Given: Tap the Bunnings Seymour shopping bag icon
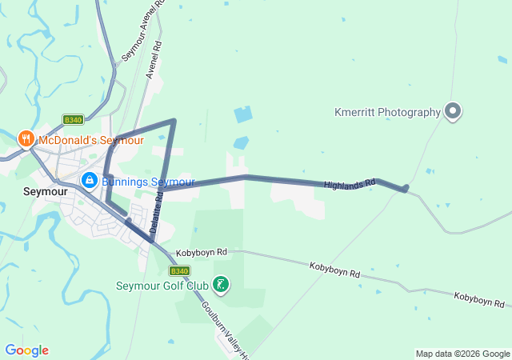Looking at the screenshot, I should (90, 181).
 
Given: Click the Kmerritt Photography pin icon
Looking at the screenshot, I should (453, 112).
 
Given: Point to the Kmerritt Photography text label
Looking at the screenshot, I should (387, 113).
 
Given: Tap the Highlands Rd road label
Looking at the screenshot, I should (350, 185).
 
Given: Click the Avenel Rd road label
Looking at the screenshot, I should (154, 60).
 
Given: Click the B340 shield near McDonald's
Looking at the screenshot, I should (73, 120).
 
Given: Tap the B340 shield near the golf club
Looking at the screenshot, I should (179, 271).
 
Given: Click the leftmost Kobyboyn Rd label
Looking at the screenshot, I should (202, 252).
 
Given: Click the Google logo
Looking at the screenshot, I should (26, 350).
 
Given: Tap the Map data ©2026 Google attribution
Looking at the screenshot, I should (462, 354).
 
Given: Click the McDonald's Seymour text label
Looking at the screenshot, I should (90, 140).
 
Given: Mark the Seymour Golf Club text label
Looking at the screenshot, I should (162, 286).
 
